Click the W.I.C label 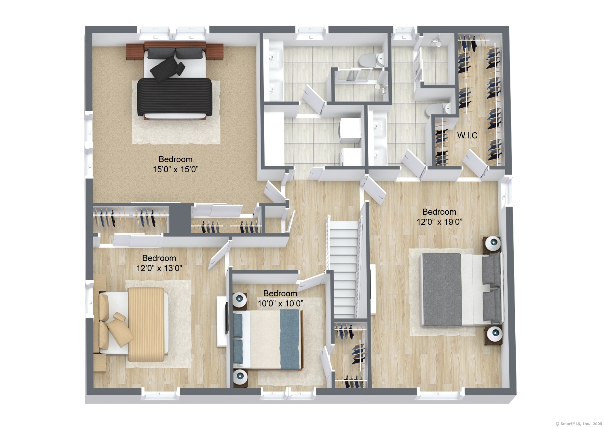(467, 135)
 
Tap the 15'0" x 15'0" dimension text (176, 169)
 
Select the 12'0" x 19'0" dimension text (439, 222)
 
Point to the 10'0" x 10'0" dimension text (280, 303)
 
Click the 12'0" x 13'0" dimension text (159, 268)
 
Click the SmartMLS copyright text (579, 423)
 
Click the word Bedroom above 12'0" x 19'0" (439, 212)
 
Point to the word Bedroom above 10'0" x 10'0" (280, 293)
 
